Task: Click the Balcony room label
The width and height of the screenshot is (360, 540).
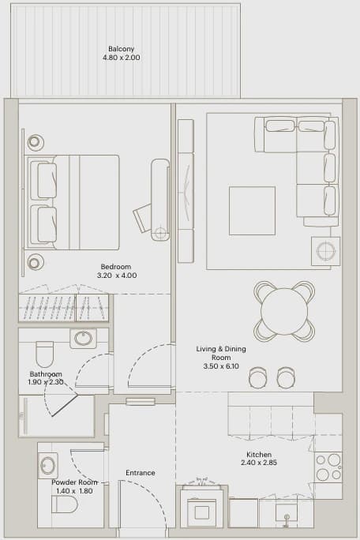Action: click(x=122, y=49)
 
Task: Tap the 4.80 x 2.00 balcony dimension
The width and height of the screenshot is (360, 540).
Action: click(x=122, y=58)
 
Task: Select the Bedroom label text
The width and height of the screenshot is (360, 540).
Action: click(x=116, y=267)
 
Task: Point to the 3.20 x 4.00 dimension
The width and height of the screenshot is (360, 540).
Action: click(x=117, y=276)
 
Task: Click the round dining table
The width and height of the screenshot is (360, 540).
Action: click(x=284, y=311)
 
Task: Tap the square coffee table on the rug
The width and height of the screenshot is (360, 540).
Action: click(x=252, y=211)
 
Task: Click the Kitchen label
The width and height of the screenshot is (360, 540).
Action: click(x=259, y=454)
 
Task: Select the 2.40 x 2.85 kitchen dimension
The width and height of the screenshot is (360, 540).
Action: click(x=259, y=463)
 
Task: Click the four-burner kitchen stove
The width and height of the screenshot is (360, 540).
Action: click(x=328, y=467)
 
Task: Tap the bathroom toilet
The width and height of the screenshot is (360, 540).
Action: click(x=45, y=354)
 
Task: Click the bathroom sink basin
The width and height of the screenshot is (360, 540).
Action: click(x=84, y=338)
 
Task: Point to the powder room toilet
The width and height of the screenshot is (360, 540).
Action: click(x=65, y=505)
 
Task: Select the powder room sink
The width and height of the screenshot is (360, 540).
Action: click(x=48, y=466)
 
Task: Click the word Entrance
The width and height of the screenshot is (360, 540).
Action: click(x=141, y=473)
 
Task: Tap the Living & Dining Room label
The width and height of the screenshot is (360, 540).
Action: click(x=221, y=353)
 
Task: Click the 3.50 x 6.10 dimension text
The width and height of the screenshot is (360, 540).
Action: click(x=221, y=366)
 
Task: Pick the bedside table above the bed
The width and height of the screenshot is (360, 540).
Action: click(x=36, y=141)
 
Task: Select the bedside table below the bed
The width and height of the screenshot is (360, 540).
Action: click(x=36, y=263)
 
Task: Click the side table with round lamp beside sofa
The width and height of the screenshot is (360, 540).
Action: click(x=325, y=251)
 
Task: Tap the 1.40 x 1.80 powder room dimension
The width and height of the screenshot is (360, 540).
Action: click(x=73, y=491)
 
